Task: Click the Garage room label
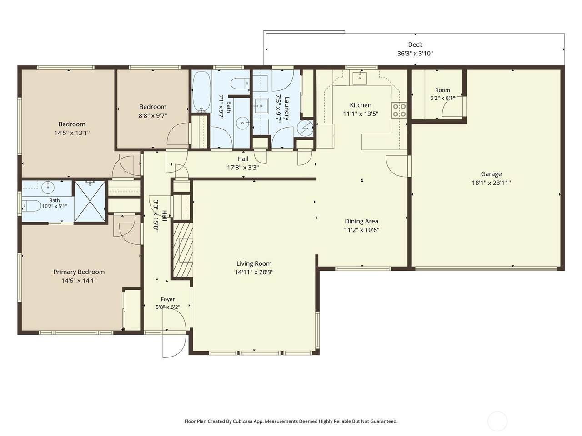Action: [491, 174]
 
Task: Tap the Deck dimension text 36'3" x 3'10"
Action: [415, 54]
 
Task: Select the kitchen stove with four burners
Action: [399, 110]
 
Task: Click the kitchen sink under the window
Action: [360, 77]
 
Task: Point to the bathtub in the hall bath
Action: [202, 92]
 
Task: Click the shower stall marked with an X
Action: [90, 201]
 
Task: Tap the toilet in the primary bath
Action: [31, 205]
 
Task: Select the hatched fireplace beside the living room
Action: [183, 250]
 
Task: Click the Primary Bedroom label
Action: [79, 272]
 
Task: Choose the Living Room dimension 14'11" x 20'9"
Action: [254, 272]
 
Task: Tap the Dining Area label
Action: [361, 221]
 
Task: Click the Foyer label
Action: [168, 299]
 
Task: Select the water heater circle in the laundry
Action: [305, 128]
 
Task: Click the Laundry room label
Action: [286, 109]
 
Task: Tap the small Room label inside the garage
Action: [442, 90]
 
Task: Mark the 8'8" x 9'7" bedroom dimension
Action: [153, 116]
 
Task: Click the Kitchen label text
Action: [360, 105]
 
